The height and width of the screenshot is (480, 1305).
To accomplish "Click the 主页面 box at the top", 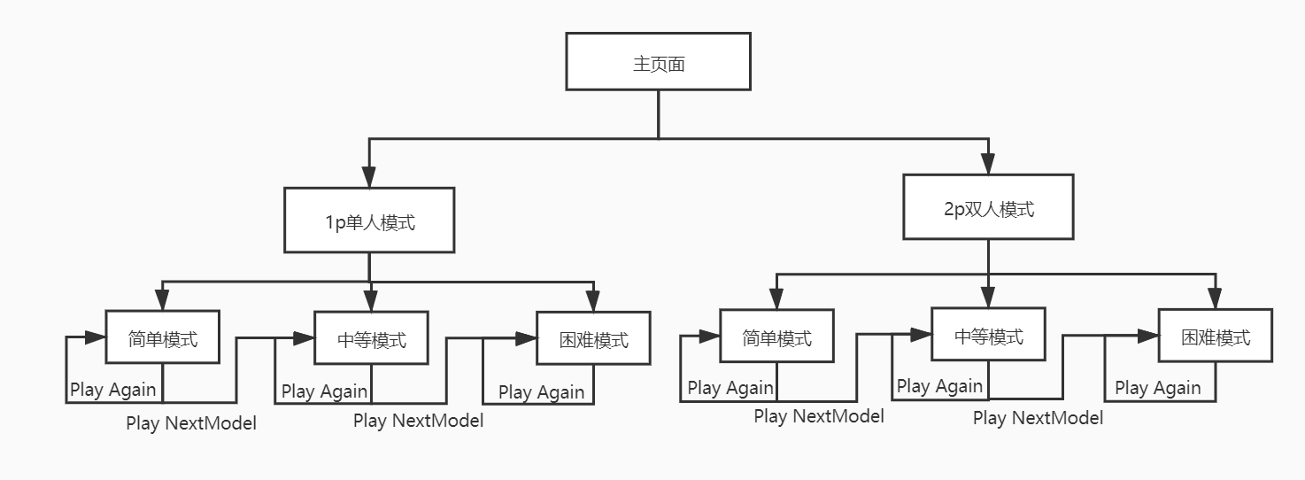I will point(658,61).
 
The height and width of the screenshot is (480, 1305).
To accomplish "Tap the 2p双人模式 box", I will point(988,206).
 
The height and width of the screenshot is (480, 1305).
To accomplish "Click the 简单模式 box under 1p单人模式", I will point(163,337).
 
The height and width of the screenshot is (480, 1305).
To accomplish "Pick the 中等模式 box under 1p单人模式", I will point(371,338).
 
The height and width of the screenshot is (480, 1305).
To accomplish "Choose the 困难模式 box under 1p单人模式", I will point(593,338).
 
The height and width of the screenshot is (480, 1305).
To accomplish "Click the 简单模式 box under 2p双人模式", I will point(776,336).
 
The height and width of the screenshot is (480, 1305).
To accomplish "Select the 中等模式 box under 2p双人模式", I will point(988,334).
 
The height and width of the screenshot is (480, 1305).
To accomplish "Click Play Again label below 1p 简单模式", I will point(112,390).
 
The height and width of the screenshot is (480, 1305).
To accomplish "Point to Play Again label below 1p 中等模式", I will point(324,391).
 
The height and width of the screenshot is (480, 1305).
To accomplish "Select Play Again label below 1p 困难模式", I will point(541,391).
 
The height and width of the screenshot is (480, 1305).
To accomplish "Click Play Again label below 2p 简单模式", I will point(730,388).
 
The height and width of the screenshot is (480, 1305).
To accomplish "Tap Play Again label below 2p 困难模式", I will point(1157,388).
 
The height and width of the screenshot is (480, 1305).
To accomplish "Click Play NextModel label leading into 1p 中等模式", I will point(191,423).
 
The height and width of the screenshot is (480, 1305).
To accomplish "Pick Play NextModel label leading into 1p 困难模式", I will point(418,421).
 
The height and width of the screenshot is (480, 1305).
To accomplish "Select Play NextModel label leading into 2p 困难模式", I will point(1038,418).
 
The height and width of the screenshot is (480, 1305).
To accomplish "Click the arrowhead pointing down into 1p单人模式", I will point(369,178).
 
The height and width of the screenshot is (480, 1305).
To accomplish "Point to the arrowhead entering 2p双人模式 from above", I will point(988,165).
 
